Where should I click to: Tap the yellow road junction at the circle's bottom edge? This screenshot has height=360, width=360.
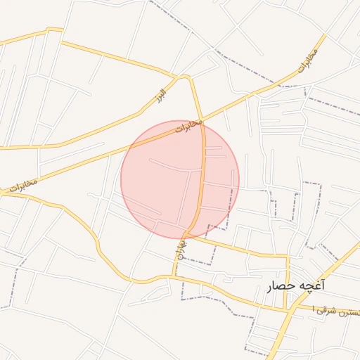coord(186,233)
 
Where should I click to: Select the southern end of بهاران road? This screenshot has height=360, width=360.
coord(173,275)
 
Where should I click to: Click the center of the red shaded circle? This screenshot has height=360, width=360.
coord(180,179)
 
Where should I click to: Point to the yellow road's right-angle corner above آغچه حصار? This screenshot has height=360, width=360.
coord(287,256)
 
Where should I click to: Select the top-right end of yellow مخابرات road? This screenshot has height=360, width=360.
coord(325,35)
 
